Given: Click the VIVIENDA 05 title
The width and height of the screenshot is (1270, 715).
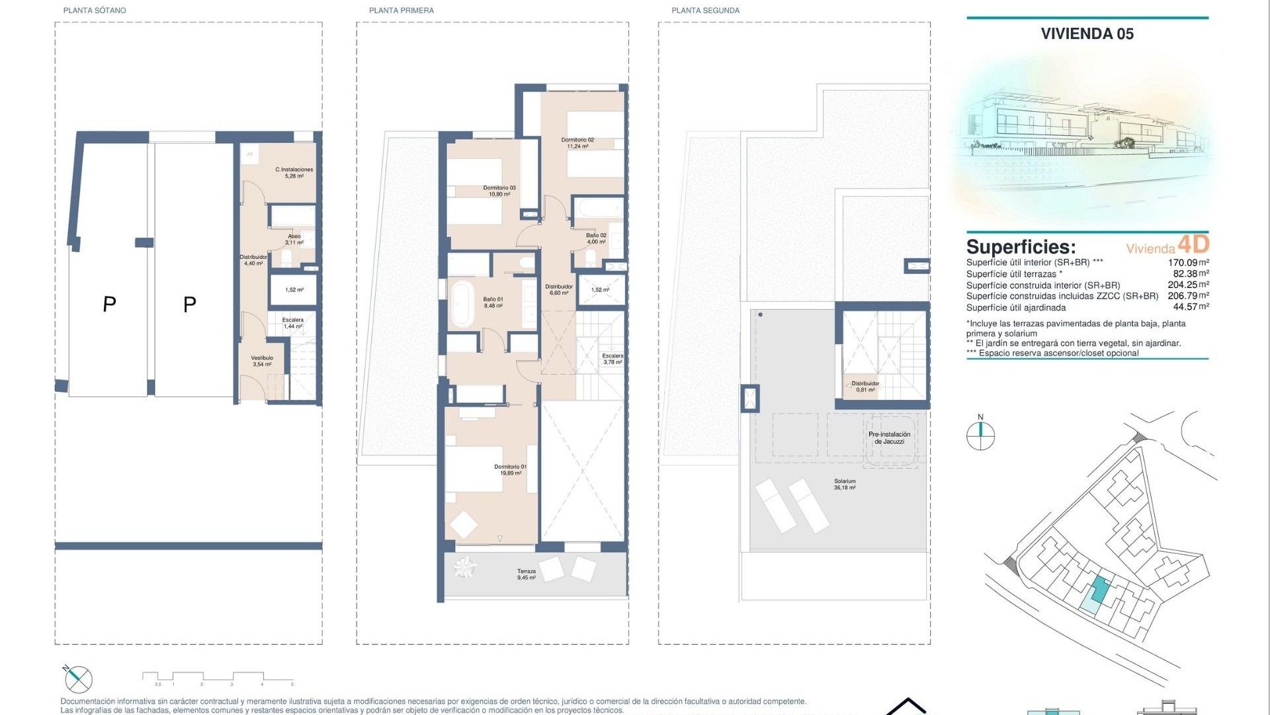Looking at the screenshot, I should (x=1087, y=34).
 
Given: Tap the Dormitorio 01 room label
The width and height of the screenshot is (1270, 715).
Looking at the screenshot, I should (x=510, y=470).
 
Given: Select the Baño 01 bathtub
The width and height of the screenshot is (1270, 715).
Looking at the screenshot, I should (x=461, y=304).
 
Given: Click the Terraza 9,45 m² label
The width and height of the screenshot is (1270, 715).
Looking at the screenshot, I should (x=527, y=575).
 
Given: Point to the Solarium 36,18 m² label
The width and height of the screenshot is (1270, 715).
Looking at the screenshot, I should (x=845, y=485).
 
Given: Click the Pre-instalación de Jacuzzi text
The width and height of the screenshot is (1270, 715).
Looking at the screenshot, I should (x=889, y=438).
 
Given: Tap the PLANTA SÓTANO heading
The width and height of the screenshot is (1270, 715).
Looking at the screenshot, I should (x=95, y=11).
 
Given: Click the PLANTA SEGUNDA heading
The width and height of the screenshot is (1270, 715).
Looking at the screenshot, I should (x=705, y=11).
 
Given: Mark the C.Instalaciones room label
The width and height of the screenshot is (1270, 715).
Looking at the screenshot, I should (x=294, y=173).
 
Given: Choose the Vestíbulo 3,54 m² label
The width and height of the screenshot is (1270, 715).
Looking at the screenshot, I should (x=262, y=361).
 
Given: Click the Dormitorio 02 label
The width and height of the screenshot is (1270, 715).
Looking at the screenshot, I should (x=577, y=143).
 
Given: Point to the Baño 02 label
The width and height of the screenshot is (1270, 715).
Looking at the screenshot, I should (x=596, y=238).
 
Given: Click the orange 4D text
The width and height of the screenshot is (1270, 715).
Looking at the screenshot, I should (x=1194, y=244).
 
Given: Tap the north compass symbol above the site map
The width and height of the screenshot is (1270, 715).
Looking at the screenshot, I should (x=980, y=434).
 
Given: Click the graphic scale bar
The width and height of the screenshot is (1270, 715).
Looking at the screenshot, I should (x=218, y=677).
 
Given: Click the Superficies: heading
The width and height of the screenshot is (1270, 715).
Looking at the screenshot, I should (x=1021, y=247).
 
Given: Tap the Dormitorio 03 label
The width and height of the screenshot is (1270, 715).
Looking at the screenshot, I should (x=499, y=191).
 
